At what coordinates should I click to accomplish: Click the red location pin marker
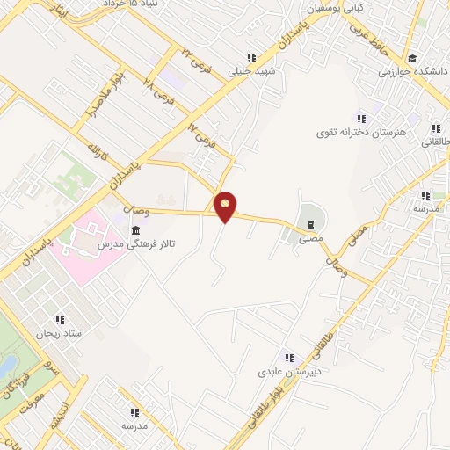click(x=226, y=207)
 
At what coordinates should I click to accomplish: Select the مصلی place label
click(x=310, y=237)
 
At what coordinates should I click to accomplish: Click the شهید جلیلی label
click(x=253, y=73)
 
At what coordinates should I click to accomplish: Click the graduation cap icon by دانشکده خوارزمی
click(x=410, y=59)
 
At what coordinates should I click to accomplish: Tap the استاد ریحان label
click(x=59, y=333)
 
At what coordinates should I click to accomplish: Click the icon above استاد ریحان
click(x=61, y=320)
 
